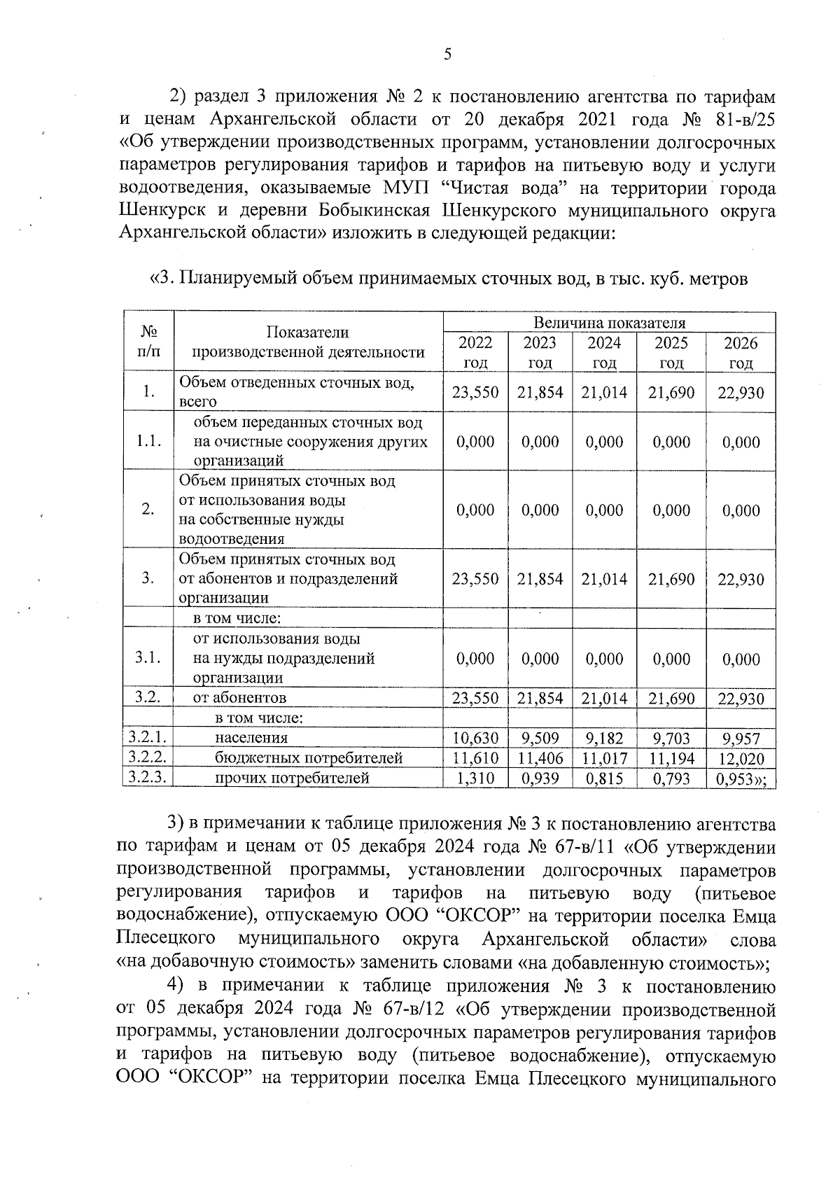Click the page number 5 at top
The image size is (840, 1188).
(447, 55)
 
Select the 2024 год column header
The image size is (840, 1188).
(603, 352)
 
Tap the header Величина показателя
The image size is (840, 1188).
(609, 323)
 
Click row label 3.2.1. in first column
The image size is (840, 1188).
(147, 737)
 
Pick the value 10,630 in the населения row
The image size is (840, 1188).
(475, 738)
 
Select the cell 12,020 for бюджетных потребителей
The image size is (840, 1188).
(741, 758)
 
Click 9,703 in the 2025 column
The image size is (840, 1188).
(671, 738)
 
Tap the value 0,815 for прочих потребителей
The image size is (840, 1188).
(603, 778)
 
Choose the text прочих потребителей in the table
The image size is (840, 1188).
(291, 778)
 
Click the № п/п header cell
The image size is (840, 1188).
(148, 342)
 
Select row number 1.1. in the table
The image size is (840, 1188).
(148, 441)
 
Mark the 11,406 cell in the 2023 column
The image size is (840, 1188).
(540, 758)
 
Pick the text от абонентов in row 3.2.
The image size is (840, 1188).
(239, 697)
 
